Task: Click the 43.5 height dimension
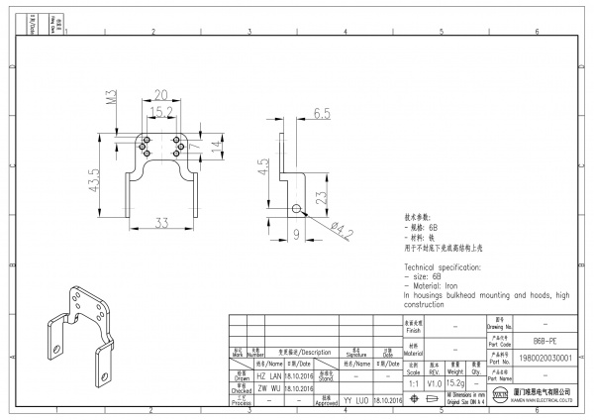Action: [95, 183]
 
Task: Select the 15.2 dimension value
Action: [161, 112]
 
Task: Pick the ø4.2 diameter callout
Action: [342, 233]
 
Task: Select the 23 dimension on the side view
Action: [319, 197]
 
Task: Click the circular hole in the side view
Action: [296, 208]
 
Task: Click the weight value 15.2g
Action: [456, 382]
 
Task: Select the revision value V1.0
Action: [434, 382]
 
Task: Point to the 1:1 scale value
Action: [413, 382]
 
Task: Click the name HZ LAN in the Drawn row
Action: [269, 377]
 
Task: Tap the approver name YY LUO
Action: [355, 399]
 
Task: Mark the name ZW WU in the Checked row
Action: [269, 388]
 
